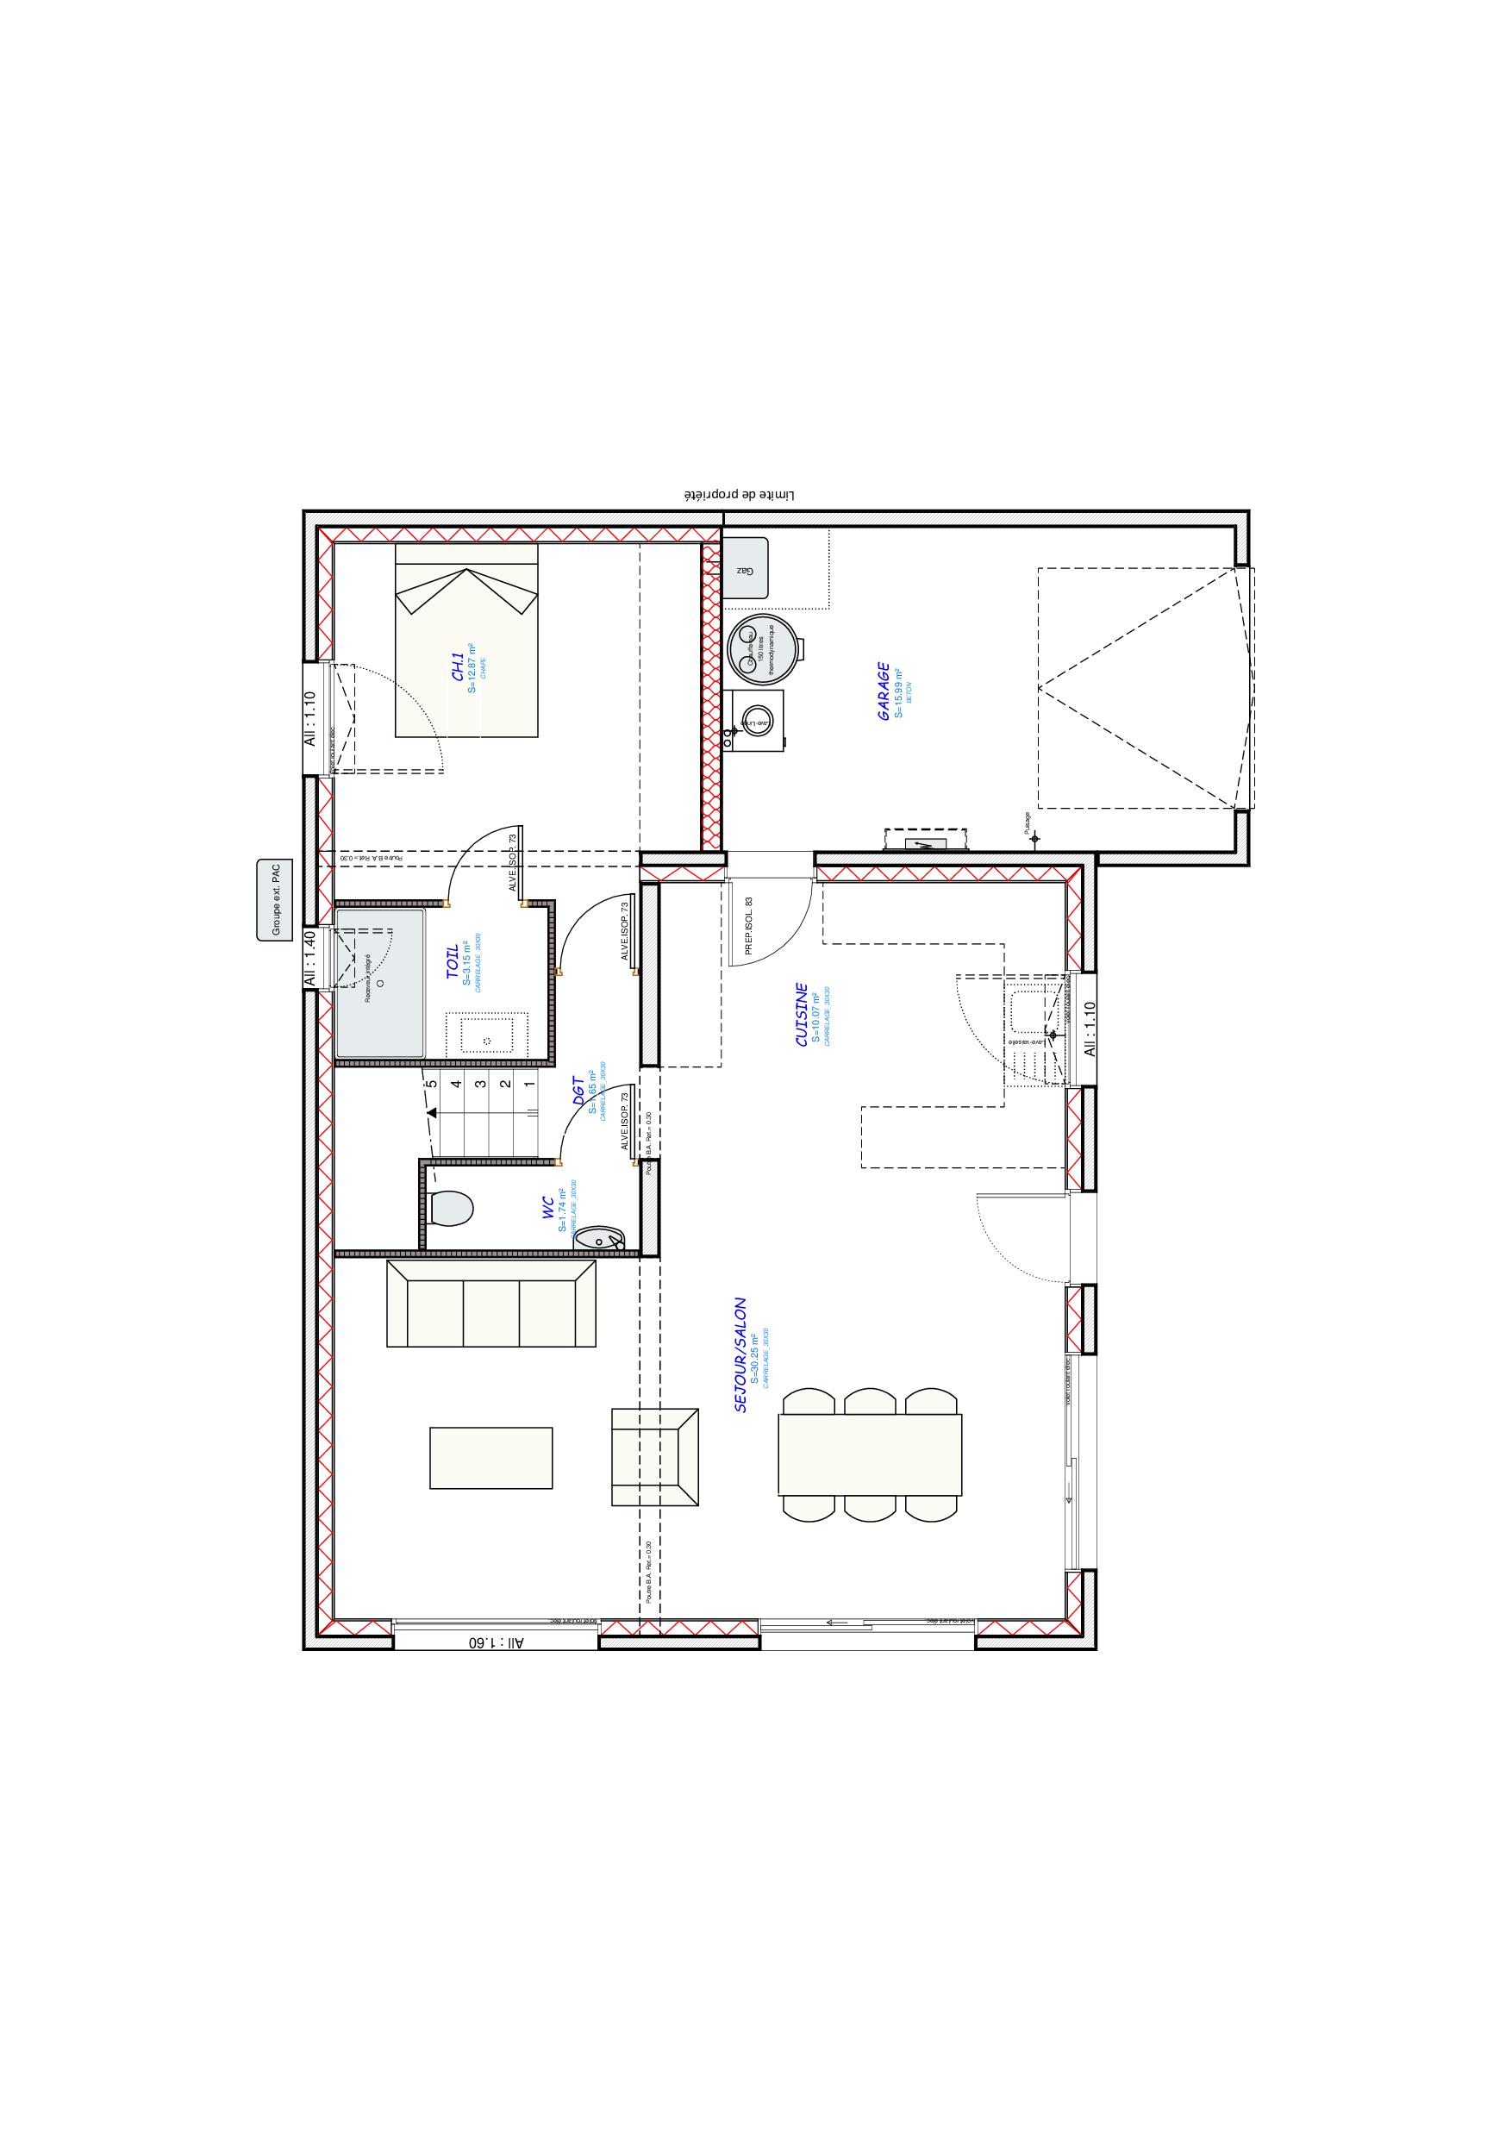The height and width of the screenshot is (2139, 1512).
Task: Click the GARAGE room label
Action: click(884, 692)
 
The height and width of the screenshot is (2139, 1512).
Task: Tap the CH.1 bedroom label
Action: click(459, 668)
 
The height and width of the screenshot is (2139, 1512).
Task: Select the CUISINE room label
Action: click(801, 1015)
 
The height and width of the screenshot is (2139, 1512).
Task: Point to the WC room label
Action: click(550, 1209)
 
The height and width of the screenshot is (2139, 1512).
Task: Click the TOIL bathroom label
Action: click(452, 961)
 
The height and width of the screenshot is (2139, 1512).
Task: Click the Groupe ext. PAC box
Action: click(275, 900)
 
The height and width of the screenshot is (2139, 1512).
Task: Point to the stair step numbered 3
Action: click(480, 1084)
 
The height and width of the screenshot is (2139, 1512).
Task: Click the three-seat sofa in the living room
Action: click(491, 1304)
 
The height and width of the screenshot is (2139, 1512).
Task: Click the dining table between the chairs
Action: click(869, 1467)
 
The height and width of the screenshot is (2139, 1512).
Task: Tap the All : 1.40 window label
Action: click(311, 960)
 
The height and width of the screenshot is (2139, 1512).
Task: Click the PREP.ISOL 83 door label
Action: click(748, 926)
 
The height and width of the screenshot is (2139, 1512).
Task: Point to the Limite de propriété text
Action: click(740, 496)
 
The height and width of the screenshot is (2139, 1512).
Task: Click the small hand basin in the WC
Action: click(599, 1238)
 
